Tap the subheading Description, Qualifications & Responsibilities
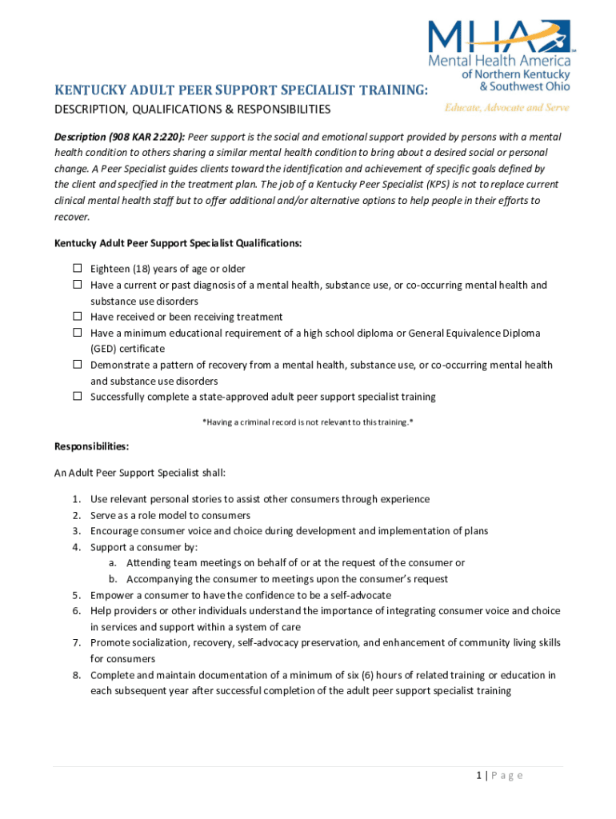(192, 109)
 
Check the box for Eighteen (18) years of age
(78, 269)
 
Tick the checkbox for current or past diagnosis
(78, 285)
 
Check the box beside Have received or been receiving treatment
(78, 317)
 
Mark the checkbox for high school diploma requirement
(78, 333)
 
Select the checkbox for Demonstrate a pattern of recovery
(78, 365)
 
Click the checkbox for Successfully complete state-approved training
(78, 396)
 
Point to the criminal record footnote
(307, 421)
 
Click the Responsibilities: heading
(91, 446)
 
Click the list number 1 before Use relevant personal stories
(75, 499)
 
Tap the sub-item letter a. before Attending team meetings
(113, 563)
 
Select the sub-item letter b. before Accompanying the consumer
(113, 579)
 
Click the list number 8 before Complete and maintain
(75, 675)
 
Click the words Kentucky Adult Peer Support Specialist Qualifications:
(178, 243)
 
